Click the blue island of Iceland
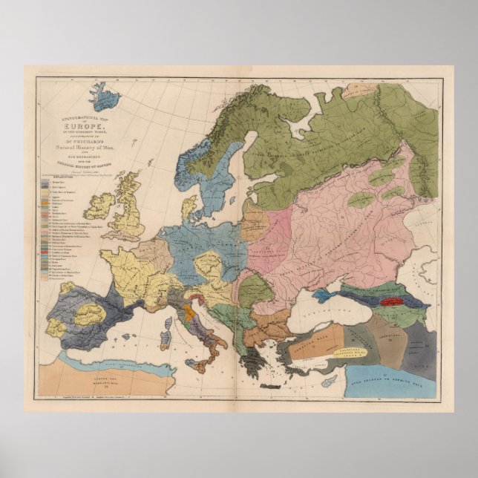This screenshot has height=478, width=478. pos(104,96)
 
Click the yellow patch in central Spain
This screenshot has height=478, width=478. pos(90,313)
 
